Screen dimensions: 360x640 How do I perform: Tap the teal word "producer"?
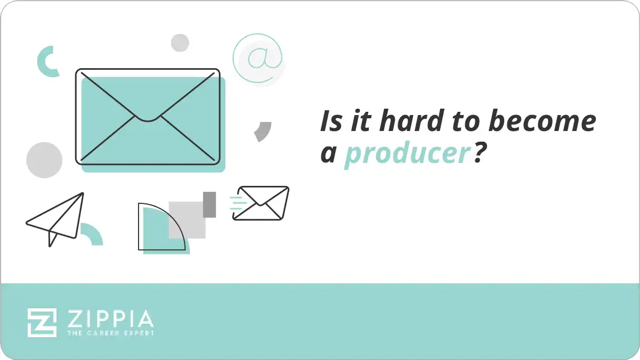pos(407,154)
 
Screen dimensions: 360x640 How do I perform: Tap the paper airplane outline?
pos(56,218)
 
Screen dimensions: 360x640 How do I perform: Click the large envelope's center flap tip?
pos(148,119)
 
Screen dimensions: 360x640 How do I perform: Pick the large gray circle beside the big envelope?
pos(44,160)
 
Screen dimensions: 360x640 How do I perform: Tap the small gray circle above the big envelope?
pos(180,43)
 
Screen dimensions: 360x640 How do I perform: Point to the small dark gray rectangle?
pos(209,204)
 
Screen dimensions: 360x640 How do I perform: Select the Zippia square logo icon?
pos(42,322)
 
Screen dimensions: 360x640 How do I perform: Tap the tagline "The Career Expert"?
pos(110,333)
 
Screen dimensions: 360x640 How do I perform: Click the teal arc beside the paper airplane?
pos(92,235)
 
